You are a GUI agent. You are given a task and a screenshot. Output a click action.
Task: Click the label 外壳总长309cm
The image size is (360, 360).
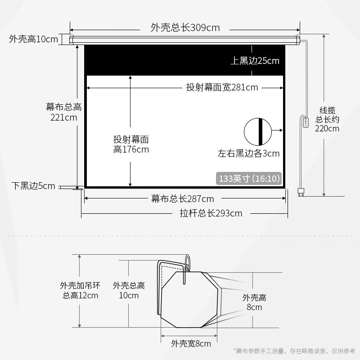(x=185, y=27)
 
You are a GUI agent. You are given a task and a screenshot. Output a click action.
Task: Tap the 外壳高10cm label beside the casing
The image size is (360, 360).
(x=33, y=39)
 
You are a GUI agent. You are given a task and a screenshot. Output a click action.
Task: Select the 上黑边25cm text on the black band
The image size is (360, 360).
(x=255, y=61)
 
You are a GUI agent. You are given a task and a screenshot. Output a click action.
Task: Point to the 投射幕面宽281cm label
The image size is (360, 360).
(x=222, y=87)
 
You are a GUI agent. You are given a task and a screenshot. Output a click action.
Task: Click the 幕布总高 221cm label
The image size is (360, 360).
(x=64, y=112)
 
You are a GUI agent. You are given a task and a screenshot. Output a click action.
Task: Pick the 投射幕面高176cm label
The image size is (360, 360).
(x=131, y=144)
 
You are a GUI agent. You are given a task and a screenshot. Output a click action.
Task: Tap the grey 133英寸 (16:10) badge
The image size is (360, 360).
(x=249, y=178)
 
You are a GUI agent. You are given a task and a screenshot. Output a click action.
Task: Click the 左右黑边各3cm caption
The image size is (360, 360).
(x=249, y=153)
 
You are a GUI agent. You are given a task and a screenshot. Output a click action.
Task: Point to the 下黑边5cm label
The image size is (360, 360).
(x=33, y=186)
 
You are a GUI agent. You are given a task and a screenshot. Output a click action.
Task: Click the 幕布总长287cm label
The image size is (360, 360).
(x=183, y=198)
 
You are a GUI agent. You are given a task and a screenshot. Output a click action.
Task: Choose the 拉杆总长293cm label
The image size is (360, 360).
(x=211, y=213)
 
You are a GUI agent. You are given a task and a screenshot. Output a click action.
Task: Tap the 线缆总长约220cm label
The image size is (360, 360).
(x=327, y=119)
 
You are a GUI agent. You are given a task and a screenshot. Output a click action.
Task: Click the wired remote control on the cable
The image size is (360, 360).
(x=306, y=122)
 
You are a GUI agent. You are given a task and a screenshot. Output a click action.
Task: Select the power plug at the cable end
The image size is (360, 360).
(x=301, y=192)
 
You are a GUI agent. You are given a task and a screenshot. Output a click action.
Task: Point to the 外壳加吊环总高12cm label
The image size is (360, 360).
(x=80, y=290)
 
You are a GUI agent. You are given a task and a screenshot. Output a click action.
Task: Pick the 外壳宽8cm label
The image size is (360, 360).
(x=191, y=344)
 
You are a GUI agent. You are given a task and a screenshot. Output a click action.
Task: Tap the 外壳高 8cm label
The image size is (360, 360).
(x=254, y=302)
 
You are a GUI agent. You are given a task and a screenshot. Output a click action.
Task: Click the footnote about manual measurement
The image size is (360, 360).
(x=295, y=351)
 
